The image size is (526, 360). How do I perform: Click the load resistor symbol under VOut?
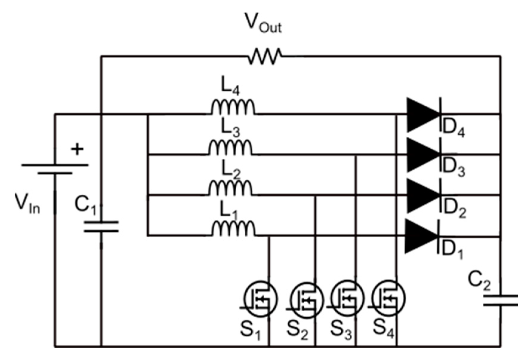point(265,56)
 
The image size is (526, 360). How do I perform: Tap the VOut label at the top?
point(263,23)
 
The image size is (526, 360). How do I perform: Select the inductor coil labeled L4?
point(233,108)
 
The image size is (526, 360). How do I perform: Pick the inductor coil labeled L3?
point(230,148)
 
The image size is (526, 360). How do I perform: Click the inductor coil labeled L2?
point(230,188)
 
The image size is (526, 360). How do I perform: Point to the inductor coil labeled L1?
point(233,229)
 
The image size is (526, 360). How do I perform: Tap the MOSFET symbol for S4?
point(388,298)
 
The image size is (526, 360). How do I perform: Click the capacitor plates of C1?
point(101,227)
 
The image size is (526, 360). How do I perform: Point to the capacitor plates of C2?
point(501,300)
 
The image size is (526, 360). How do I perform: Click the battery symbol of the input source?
point(55,169)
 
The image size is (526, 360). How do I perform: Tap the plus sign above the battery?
point(77,149)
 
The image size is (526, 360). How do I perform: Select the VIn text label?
point(27,203)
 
